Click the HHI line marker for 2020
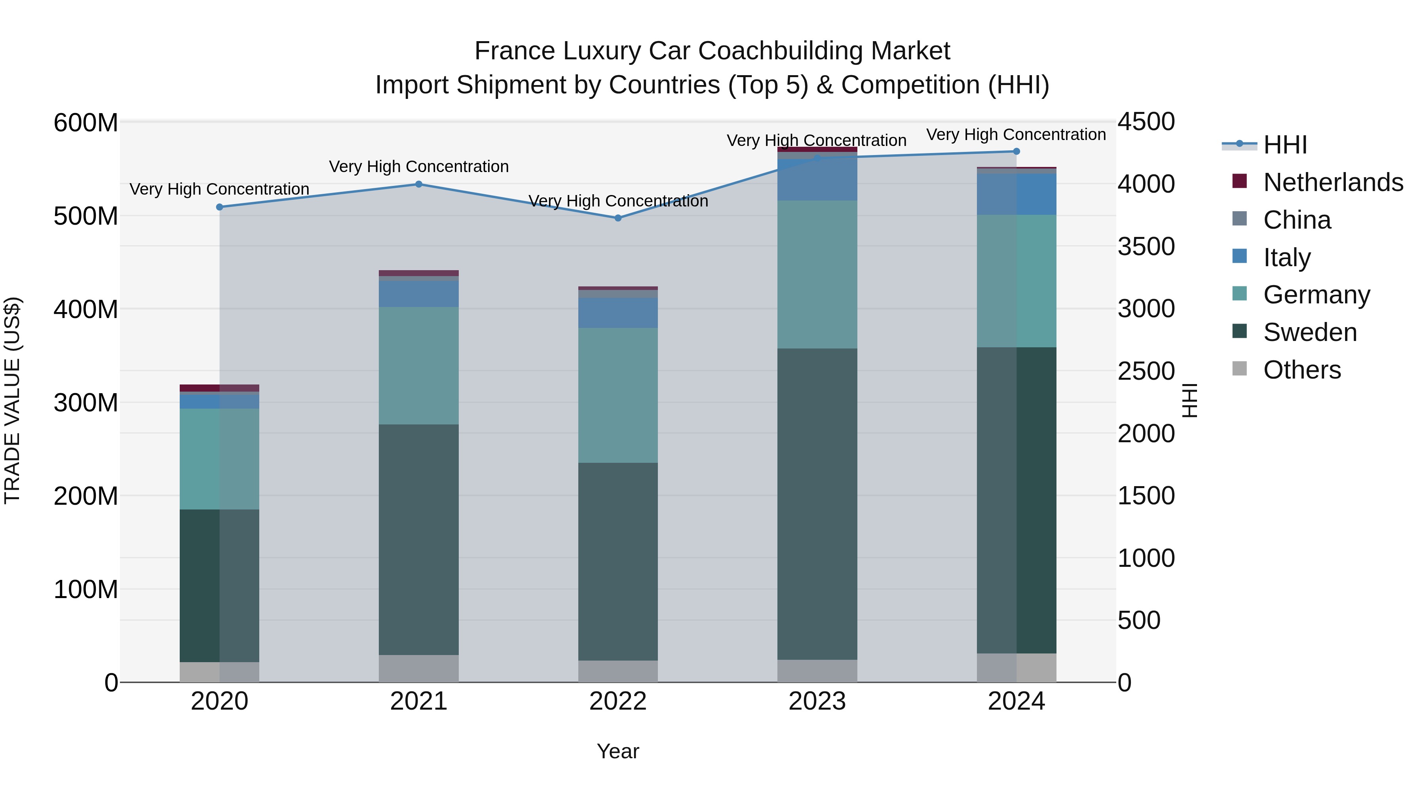point(220,207)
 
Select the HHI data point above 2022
point(618,218)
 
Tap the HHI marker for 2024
point(1016,151)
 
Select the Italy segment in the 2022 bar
point(618,313)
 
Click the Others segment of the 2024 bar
point(1016,667)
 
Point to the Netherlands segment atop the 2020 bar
point(220,388)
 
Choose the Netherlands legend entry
point(1333,182)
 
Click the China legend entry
point(1297,220)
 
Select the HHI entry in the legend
point(1284,144)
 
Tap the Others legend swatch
point(1240,369)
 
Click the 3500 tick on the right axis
point(1146,246)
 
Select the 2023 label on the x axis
point(817,701)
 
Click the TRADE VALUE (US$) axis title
point(12,400)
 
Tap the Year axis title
point(618,751)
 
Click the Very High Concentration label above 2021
point(419,167)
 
